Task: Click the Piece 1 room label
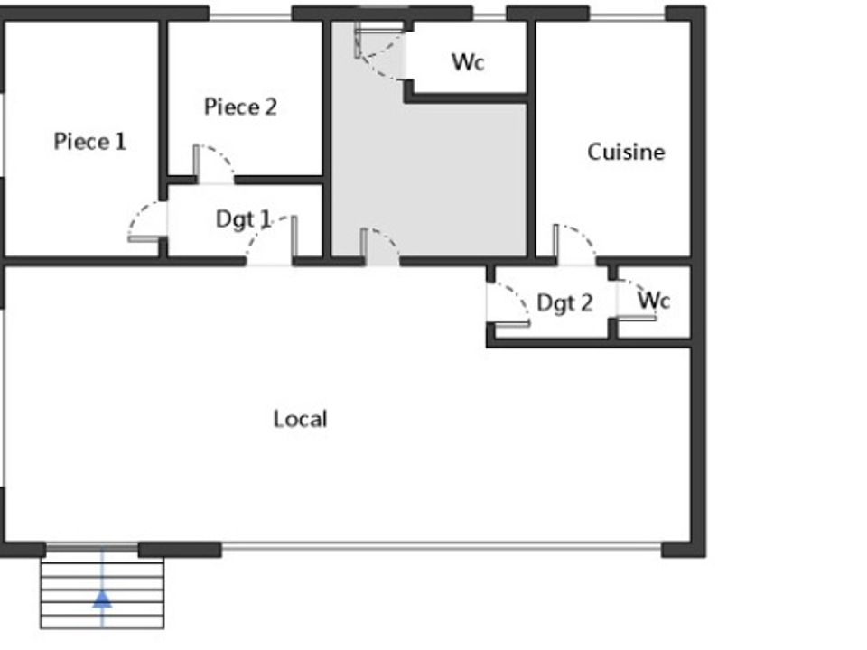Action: click(x=89, y=142)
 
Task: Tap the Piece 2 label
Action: click(x=240, y=107)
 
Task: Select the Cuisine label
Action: click(x=626, y=152)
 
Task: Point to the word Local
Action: click(x=300, y=419)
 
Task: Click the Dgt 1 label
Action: click(x=243, y=219)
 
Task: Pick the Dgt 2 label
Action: click(x=564, y=303)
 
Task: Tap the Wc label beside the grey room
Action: click(x=468, y=62)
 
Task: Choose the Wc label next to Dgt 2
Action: click(x=654, y=300)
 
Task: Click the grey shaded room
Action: click(x=428, y=166)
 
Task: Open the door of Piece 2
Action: click(x=213, y=163)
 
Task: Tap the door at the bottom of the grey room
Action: click(x=380, y=246)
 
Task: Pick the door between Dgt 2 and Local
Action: click(x=508, y=304)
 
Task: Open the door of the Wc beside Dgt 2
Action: click(x=636, y=300)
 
